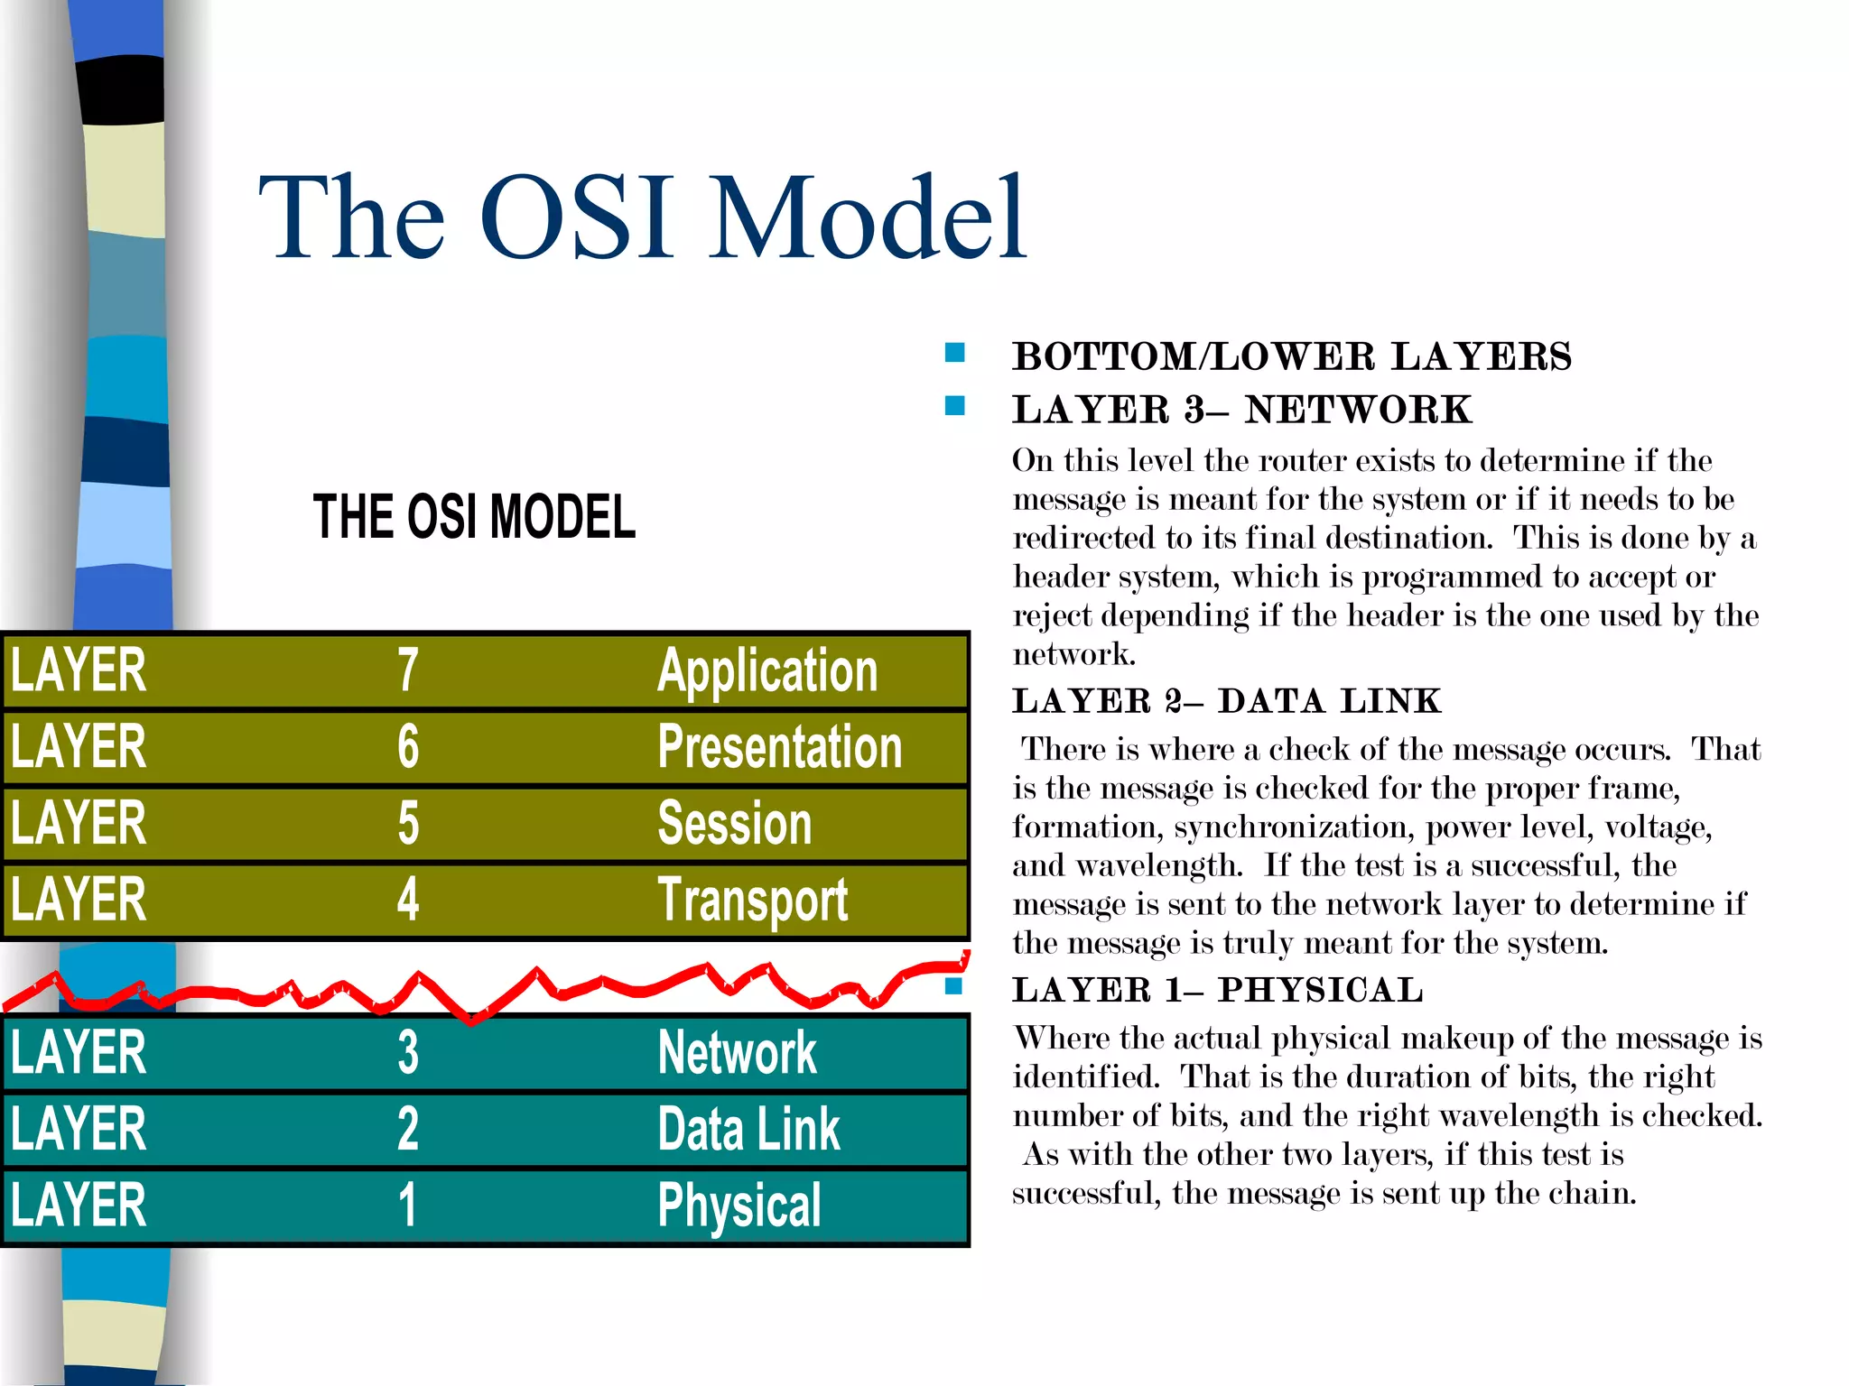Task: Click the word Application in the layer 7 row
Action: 767,671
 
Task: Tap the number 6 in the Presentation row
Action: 408,747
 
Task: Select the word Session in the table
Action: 734,823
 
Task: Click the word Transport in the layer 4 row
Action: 752,901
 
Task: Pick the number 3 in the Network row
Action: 408,1052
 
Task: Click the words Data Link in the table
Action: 748,1129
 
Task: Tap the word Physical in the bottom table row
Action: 739,1206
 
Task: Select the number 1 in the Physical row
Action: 408,1206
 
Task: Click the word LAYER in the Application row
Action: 79,670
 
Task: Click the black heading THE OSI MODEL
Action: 474,517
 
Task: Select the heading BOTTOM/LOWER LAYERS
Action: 1291,356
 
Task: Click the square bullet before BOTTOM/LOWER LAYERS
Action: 954,352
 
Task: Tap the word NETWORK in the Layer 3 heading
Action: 1358,411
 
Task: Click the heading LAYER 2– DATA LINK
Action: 1226,701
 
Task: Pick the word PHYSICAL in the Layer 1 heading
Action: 1320,991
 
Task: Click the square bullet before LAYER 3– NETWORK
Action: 954,405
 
